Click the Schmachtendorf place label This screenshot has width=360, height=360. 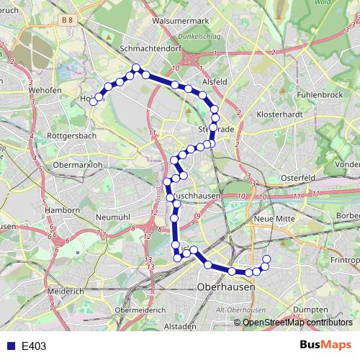(154, 48)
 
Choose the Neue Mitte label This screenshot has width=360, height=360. (271, 217)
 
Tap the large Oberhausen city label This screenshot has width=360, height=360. (227, 287)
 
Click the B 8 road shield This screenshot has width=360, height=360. (67, 22)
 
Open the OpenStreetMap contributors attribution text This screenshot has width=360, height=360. (297, 322)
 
